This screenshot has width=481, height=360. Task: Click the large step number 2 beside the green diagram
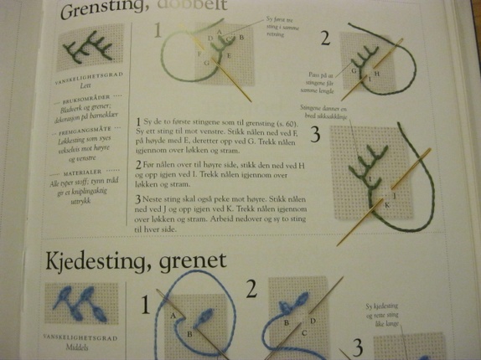point(324,39)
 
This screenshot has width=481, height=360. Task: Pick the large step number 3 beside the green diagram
point(314,135)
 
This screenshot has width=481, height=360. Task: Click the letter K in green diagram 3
point(387,204)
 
